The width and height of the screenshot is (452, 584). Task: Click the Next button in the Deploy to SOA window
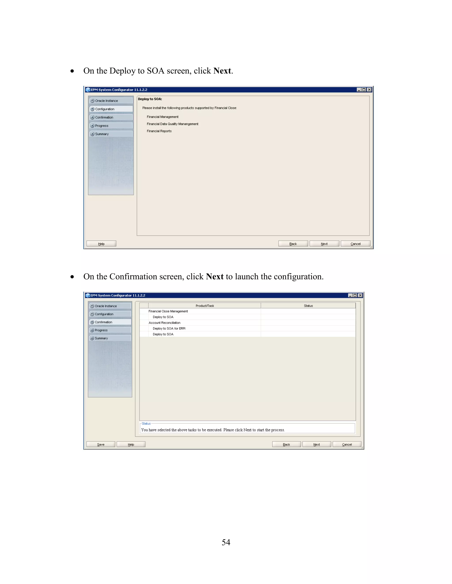tap(324, 244)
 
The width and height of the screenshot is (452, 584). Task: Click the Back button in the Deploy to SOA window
tap(293, 244)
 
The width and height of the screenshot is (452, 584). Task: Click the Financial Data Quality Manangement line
tap(172, 124)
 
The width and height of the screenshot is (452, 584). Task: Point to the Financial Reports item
tap(159, 131)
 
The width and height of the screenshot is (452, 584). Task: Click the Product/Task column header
tap(205, 306)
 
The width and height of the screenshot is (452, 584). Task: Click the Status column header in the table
tap(308, 306)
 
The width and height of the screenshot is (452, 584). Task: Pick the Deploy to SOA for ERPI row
tap(169, 328)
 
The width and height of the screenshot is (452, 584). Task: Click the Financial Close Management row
tap(168, 311)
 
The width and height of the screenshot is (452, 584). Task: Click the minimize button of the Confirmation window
tap(350, 295)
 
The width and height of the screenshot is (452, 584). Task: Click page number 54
tap(226, 542)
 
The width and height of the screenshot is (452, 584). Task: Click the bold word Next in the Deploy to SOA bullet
tap(222, 71)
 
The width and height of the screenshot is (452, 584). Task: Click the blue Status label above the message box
tap(146, 424)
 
